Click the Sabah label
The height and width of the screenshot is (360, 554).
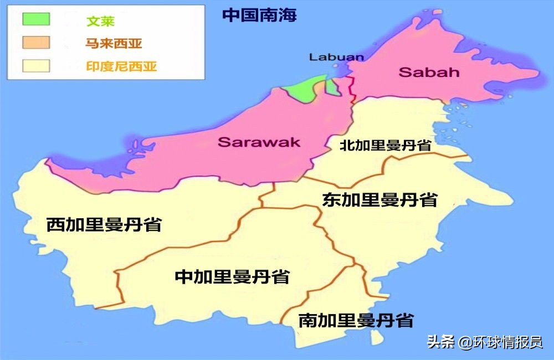click(x=421, y=72)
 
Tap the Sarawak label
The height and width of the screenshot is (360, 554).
click(x=259, y=142)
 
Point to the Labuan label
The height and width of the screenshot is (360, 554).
click(x=336, y=56)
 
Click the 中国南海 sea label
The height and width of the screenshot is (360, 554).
click(x=259, y=15)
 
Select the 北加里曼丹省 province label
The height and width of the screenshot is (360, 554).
click(x=386, y=146)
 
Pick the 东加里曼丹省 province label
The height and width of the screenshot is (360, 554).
click(x=379, y=199)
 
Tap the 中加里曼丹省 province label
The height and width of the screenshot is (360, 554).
click(x=232, y=276)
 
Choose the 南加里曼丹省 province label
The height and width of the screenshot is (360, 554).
click(x=356, y=320)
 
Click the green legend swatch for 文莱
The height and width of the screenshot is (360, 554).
click(x=36, y=19)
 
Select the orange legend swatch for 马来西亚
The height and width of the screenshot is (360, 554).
click(x=36, y=43)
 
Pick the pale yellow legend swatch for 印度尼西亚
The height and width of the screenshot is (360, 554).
click(x=36, y=66)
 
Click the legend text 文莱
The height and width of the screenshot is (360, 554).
click(x=100, y=21)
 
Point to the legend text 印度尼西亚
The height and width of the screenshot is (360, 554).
click(x=121, y=67)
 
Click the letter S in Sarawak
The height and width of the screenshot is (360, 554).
click(x=224, y=142)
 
